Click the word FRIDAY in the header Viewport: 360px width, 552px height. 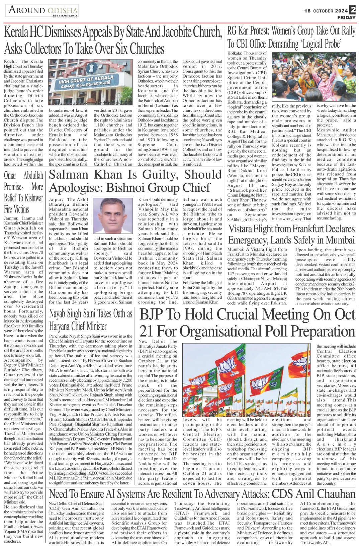click(x=346, y=17)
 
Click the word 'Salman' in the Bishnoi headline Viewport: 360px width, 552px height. click(x=69, y=175)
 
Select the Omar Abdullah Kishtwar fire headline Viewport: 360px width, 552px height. click(x=23, y=192)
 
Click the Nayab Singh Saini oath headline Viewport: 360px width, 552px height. click(x=90, y=320)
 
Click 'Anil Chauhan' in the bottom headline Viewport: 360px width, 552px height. click(x=326, y=494)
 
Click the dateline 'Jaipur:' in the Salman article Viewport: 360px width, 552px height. click(x=56, y=199)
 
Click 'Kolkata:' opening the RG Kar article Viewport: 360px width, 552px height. click(x=235, y=53)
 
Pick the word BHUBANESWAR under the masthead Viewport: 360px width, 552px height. click(x=65, y=16)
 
